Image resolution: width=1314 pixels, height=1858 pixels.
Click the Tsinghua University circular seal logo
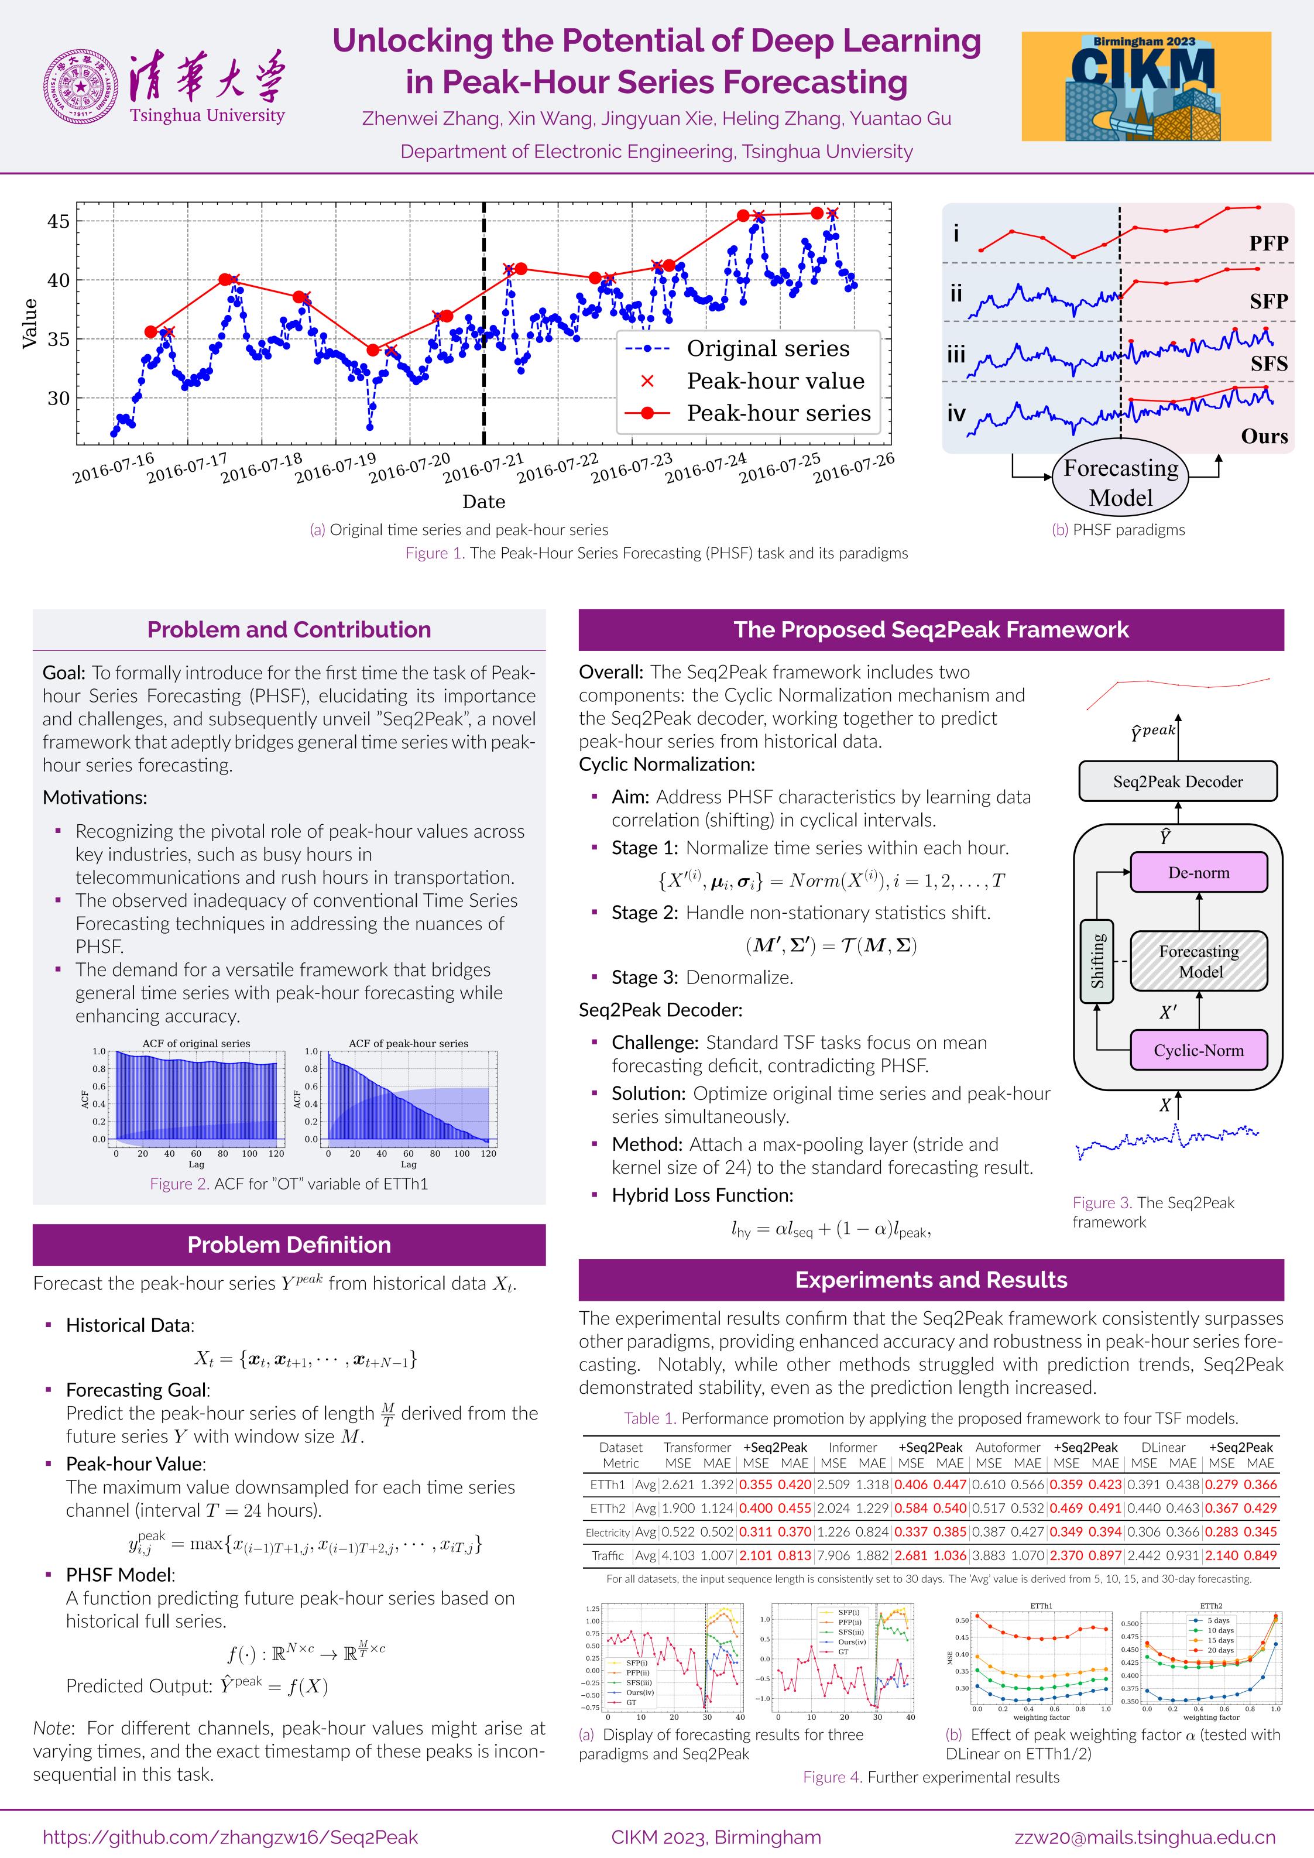[81, 87]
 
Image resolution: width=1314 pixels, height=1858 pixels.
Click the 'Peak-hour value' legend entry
[775, 381]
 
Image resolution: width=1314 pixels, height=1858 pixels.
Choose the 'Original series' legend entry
[768, 349]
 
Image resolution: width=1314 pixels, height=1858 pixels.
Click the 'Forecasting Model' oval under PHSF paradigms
[1121, 482]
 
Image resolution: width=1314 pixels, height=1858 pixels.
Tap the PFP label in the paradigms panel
[1268, 243]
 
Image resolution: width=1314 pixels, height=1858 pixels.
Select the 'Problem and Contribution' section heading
[289, 630]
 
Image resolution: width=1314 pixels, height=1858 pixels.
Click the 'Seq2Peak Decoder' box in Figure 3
[1177, 781]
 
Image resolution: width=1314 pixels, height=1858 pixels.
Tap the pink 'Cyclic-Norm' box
[1198, 1050]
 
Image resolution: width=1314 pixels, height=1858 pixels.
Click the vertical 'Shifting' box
[1097, 961]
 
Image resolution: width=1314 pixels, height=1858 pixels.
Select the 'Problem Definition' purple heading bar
[289, 1245]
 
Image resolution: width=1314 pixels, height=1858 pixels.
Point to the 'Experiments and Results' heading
[931, 1280]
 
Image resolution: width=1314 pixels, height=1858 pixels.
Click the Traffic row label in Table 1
[608, 1555]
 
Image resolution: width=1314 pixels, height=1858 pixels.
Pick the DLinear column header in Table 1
[1162, 1447]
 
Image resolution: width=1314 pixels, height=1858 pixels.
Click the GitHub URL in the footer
[231, 1837]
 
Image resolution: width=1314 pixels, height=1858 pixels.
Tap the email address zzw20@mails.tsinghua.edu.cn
[1145, 1837]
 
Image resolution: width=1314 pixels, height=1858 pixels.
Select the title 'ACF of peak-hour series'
[409, 1043]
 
